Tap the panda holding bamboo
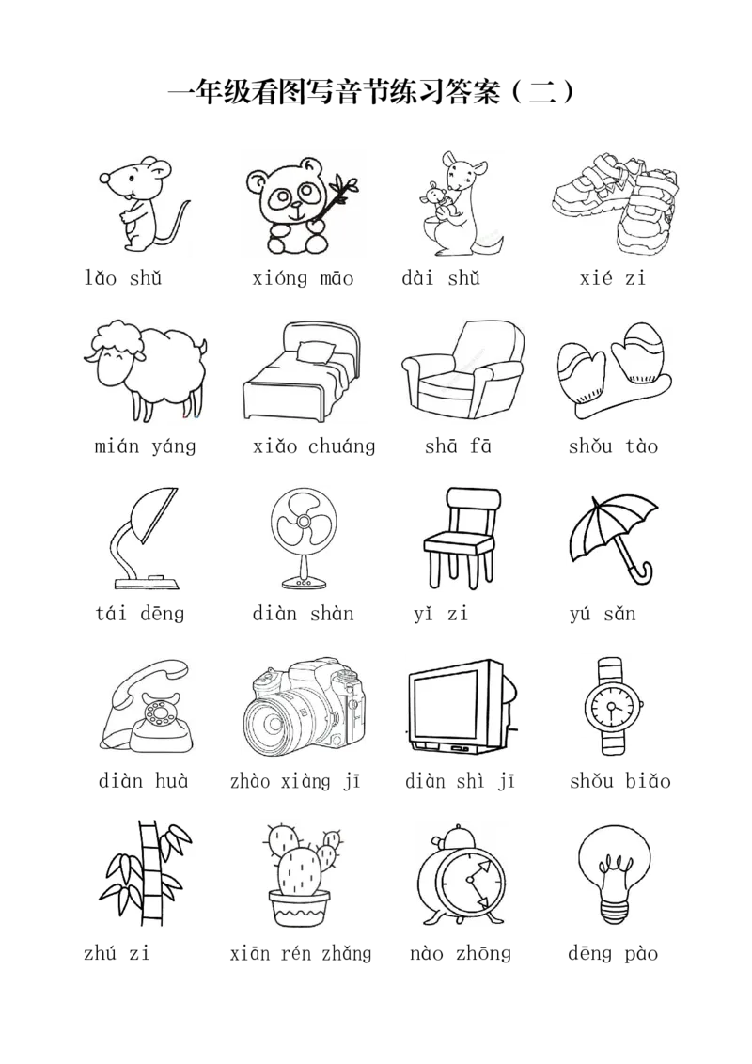click(x=302, y=206)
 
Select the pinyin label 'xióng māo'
click(x=303, y=279)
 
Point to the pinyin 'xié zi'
click(x=612, y=278)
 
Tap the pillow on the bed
click(x=316, y=352)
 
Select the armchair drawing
click(x=462, y=369)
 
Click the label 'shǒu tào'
click(x=613, y=446)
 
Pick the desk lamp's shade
click(x=153, y=515)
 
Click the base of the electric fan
click(x=303, y=582)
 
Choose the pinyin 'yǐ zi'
click(x=441, y=614)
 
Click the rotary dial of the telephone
click(x=160, y=714)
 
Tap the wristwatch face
click(x=612, y=707)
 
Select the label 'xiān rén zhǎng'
click(x=301, y=954)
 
